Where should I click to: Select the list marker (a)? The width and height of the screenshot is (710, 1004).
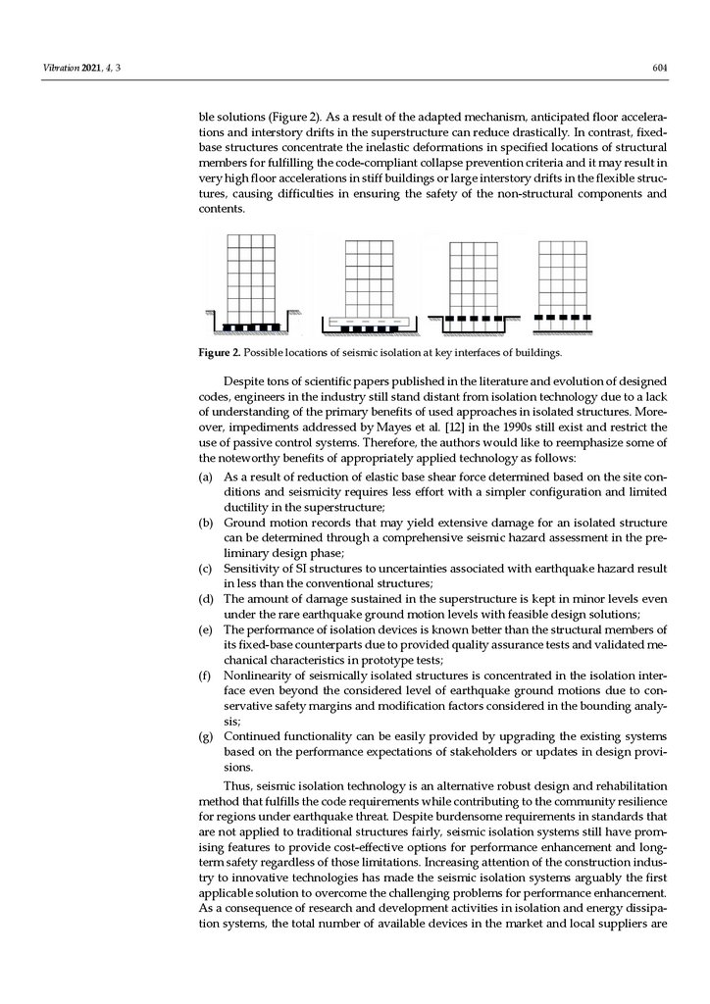point(206,476)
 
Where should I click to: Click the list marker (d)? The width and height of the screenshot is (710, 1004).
point(206,599)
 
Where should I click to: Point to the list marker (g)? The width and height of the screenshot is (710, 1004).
point(206,736)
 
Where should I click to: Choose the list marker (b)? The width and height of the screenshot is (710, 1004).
point(206,523)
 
